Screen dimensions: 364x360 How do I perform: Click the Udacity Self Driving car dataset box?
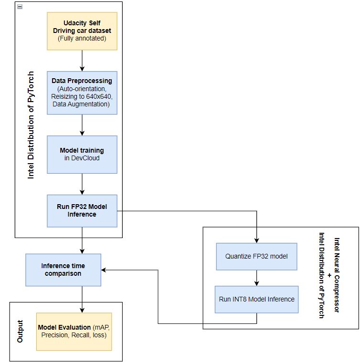click(82, 31)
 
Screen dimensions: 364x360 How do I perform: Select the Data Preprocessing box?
click(82, 93)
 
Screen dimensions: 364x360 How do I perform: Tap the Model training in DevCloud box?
click(82, 154)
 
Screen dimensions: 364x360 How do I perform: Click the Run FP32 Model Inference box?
click(82, 210)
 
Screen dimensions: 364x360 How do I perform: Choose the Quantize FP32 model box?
click(256, 256)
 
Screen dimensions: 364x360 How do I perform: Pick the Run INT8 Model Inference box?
click(256, 299)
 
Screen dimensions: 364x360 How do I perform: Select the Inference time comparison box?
click(63, 270)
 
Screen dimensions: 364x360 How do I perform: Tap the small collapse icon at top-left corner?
click(20, 6)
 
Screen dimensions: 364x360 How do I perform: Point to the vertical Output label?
click(20, 331)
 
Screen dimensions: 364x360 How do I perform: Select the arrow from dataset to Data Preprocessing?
click(82, 61)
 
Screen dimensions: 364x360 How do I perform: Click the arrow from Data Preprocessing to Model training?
click(82, 125)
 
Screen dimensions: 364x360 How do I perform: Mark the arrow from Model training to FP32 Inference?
click(82, 184)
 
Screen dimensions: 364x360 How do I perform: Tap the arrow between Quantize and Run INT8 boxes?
click(257, 278)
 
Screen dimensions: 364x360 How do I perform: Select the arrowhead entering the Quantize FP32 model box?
click(257, 240)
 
